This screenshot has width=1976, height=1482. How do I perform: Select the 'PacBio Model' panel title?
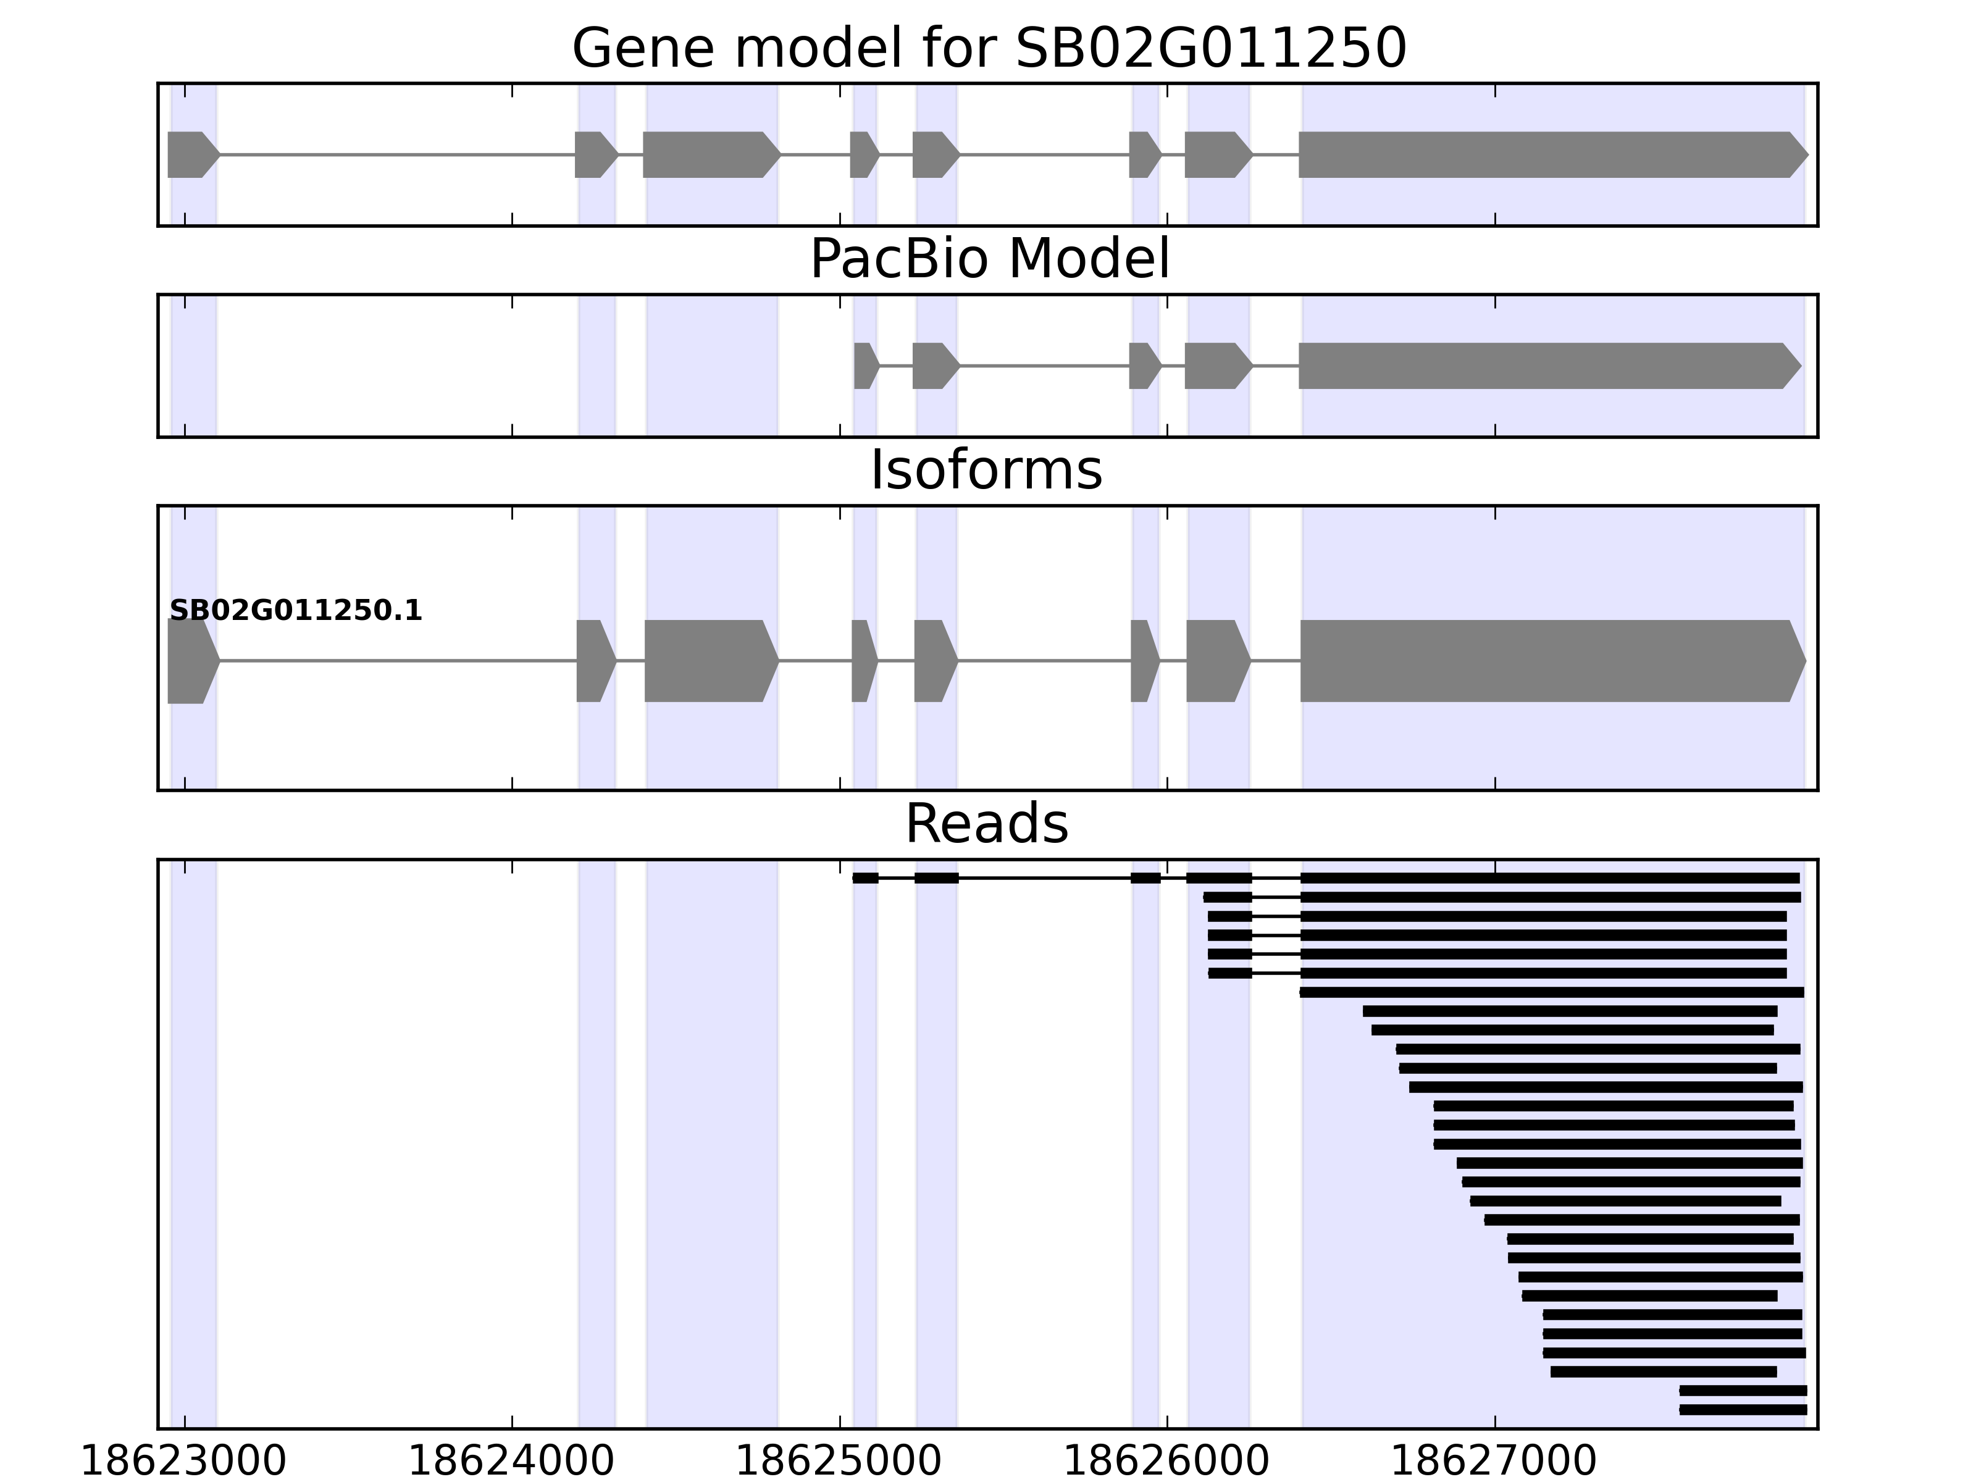(x=989, y=259)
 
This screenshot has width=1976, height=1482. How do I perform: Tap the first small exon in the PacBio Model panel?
(x=865, y=366)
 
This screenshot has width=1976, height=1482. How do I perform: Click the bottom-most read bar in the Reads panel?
(x=1742, y=1410)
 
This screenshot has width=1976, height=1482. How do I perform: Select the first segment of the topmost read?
(x=865, y=878)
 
